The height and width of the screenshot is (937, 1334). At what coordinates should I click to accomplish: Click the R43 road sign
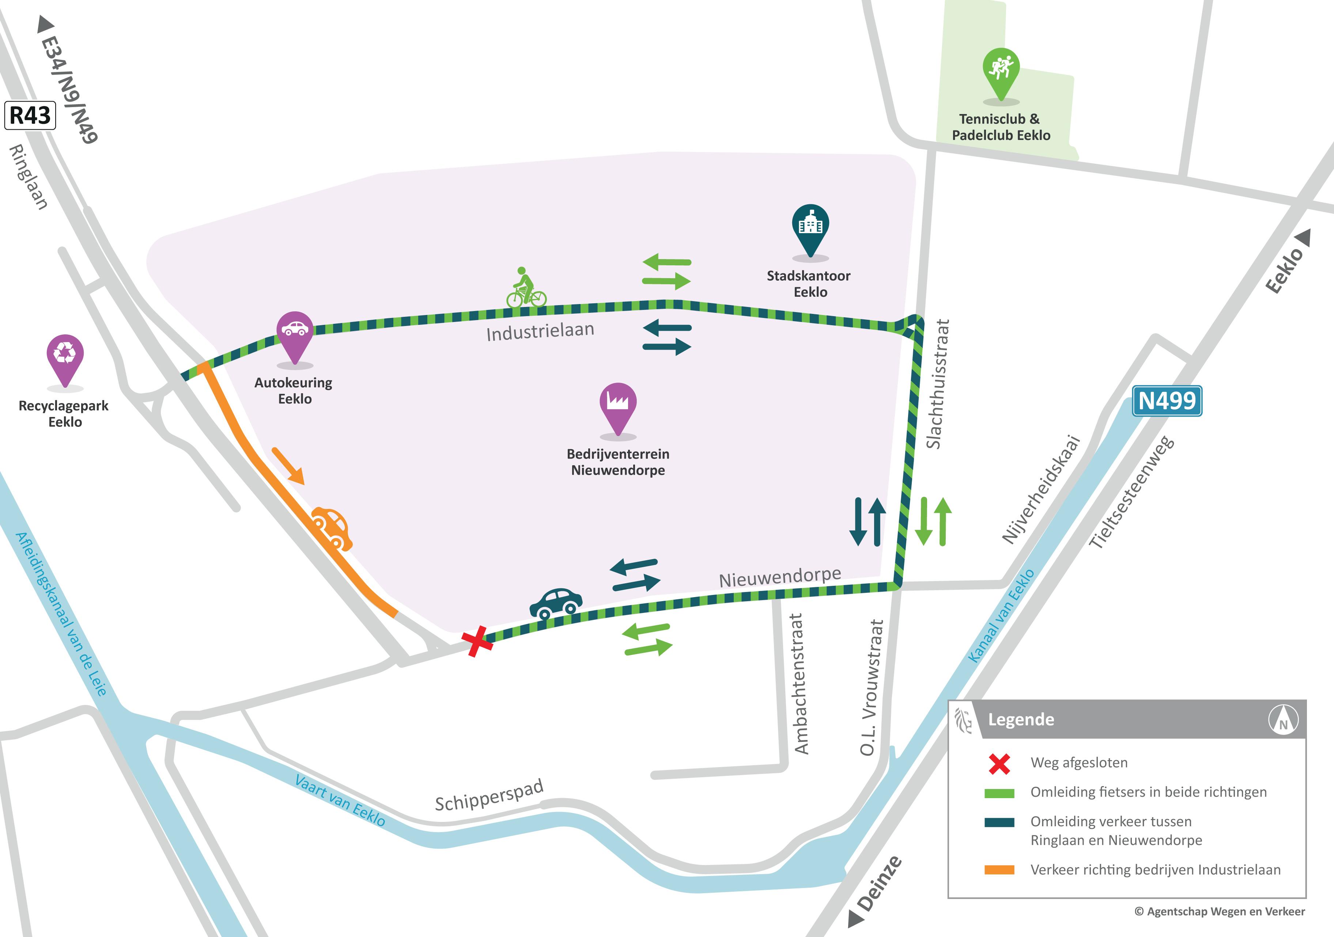pyautogui.click(x=30, y=115)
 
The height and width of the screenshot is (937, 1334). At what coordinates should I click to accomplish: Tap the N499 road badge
pyautogui.click(x=1167, y=401)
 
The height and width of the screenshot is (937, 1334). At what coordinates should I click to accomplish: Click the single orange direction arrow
pyautogui.click(x=288, y=465)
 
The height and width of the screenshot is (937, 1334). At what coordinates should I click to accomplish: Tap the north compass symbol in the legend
pyautogui.click(x=1283, y=719)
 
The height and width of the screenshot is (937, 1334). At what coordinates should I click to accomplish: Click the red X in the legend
pyautogui.click(x=999, y=763)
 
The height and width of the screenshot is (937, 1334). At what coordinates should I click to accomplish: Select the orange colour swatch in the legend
pyautogui.click(x=999, y=870)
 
